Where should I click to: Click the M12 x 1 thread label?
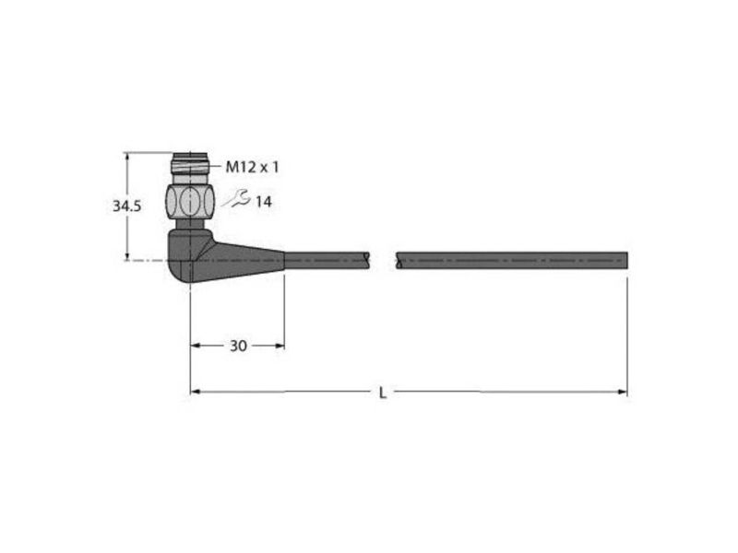point(252,167)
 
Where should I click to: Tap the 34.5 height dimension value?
point(126,206)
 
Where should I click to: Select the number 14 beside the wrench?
point(264,202)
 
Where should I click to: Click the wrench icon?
point(237,198)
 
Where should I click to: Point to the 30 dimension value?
point(238,347)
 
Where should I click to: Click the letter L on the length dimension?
point(383,393)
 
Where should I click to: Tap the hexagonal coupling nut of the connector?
point(190,201)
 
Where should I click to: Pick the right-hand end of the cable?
point(627,260)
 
